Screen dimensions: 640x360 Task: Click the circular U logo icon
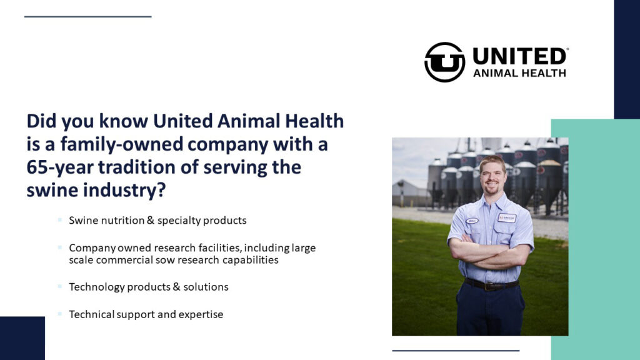[444, 62]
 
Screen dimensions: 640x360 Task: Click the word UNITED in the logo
[519, 56]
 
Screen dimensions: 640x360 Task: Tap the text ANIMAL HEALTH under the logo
[519, 74]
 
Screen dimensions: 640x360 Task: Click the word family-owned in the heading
[122, 144]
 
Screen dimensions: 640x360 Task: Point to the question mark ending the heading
[161, 190]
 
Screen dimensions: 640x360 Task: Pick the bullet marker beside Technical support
[59, 314]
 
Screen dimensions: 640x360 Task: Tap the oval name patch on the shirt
[472, 221]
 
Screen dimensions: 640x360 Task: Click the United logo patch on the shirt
[506, 218]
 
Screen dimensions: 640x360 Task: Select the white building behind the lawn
[408, 194]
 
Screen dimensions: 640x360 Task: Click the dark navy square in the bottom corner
[22, 338]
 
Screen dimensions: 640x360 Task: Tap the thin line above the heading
[87, 17]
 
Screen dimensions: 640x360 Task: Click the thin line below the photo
[456, 351]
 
